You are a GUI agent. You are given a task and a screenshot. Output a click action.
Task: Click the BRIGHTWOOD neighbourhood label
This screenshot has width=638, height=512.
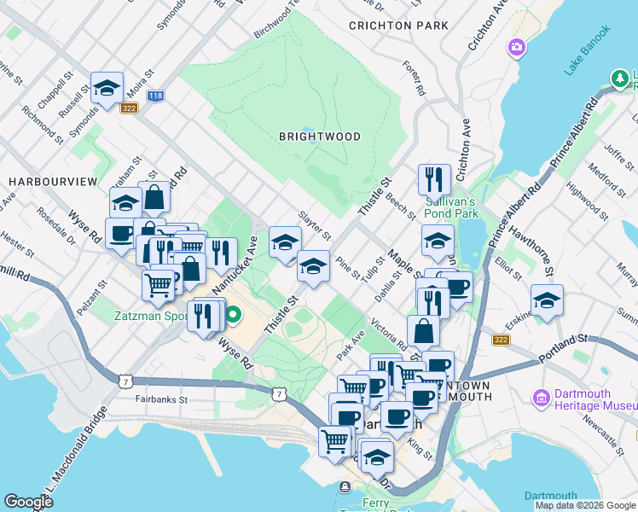[x=320, y=137]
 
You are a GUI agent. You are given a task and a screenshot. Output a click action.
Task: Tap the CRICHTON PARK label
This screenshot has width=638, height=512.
[x=398, y=26]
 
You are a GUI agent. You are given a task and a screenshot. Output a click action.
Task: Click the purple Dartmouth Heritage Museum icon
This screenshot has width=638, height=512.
[x=539, y=398]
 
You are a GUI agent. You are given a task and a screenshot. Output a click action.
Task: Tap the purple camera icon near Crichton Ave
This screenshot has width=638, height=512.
[x=516, y=46]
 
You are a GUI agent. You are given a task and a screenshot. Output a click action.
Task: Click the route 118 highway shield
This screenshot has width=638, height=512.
[x=155, y=96]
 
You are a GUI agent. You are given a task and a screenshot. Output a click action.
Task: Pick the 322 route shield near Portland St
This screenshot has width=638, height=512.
[x=501, y=340]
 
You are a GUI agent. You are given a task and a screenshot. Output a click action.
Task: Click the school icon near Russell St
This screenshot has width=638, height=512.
[x=107, y=88]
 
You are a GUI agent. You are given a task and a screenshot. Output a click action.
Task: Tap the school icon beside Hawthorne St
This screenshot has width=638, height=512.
[x=547, y=300]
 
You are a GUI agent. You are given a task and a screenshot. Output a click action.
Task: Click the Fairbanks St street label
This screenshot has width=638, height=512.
[x=160, y=399]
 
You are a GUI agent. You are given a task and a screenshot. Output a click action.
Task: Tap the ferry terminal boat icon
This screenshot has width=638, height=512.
[x=344, y=487]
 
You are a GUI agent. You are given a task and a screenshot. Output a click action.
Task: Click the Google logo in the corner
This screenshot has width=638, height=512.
[x=28, y=502]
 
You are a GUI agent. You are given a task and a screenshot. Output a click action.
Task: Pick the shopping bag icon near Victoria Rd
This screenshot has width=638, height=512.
[x=424, y=331]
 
